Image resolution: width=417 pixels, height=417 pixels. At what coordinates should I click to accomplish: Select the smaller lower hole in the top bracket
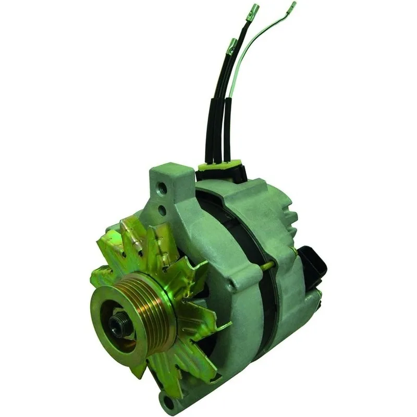[x=162, y=211]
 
